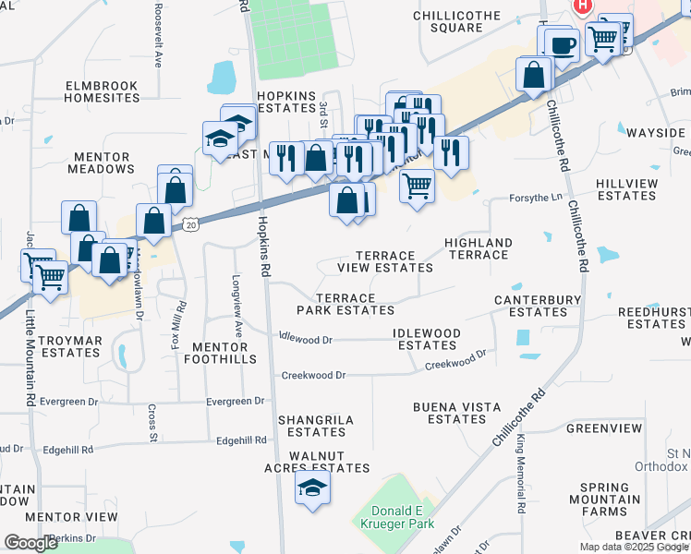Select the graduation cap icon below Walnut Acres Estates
click(x=312, y=488)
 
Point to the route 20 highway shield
click(x=190, y=223)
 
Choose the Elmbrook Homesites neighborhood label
click(x=102, y=91)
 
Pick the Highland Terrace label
click(x=478, y=248)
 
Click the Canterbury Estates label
click(x=538, y=306)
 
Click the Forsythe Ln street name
click(x=536, y=198)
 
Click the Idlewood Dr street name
click(x=305, y=339)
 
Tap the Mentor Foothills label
click(x=223, y=353)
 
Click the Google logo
click(x=30, y=543)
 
